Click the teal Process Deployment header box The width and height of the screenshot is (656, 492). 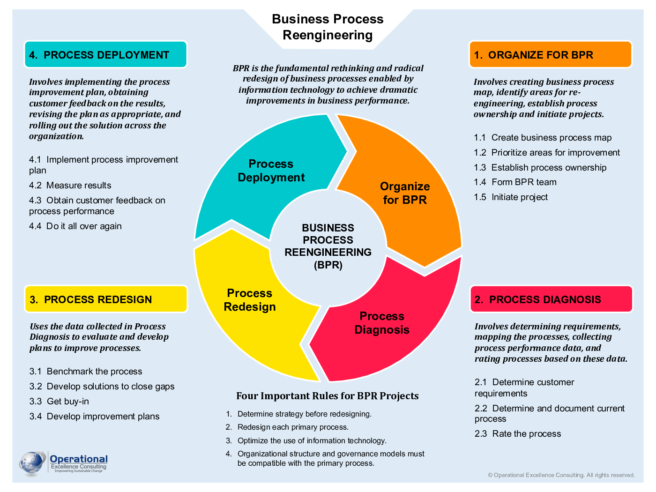pyautogui.click(x=105, y=55)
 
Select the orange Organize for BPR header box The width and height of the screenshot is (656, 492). pyautogui.click(x=550, y=55)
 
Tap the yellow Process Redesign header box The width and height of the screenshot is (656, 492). pyautogui.click(x=106, y=299)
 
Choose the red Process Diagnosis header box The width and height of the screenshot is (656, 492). pyautogui.click(x=551, y=299)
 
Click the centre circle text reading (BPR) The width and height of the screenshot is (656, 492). pyautogui.click(x=328, y=265)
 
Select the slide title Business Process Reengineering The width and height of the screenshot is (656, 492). pyautogui.click(x=328, y=27)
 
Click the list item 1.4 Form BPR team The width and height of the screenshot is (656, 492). pyautogui.click(x=515, y=182)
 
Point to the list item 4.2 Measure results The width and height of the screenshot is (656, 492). pyautogui.click(x=70, y=186)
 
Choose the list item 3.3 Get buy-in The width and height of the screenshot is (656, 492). pyautogui.click(x=59, y=402)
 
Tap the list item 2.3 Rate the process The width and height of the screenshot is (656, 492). pyautogui.click(x=518, y=434)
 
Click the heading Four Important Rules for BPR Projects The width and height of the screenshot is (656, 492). pyautogui.click(x=327, y=396)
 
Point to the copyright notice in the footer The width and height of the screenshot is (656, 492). pyautogui.click(x=561, y=475)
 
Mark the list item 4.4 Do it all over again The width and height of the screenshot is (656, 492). pyautogui.click(x=75, y=226)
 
